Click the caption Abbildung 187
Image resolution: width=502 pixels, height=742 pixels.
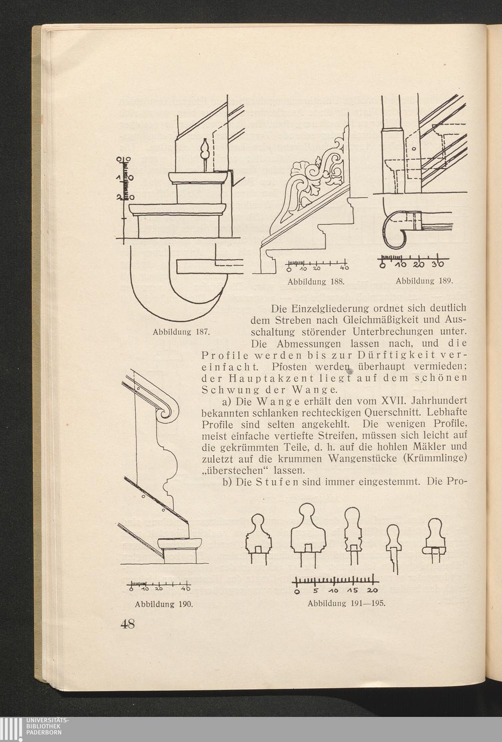coord(181,332)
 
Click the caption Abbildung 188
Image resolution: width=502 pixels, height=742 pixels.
coord(316,282)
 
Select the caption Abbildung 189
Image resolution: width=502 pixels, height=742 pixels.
coord(424,281)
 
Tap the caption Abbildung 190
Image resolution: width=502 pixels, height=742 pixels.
coord(164,604)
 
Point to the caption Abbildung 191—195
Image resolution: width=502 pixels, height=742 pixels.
coord(347,603)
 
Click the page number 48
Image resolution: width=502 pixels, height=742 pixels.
coord(128,625)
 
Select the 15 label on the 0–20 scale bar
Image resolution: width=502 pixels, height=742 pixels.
coord(352,590)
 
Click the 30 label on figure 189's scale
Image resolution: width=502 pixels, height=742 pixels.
coord(439,265)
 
